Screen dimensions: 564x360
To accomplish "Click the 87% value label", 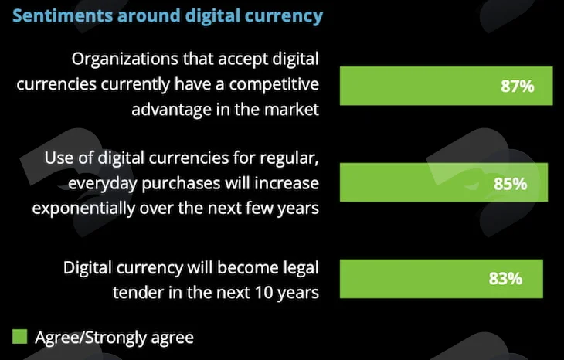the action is tap(517, 87).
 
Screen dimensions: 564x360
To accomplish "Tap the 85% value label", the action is tap(510, 184).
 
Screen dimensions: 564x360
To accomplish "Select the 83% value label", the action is tap(505, 278).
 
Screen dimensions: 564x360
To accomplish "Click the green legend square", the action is tap(20, 337).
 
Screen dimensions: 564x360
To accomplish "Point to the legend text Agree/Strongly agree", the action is tap(114, 338).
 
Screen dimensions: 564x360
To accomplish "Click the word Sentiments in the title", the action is tap(63, 15).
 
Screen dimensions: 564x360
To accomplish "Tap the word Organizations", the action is tap(125, 59).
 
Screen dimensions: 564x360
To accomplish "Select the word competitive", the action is tap(274, 85).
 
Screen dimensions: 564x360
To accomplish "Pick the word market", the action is tap(291, 109).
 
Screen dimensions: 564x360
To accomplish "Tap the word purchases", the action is tap(182, 184).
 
